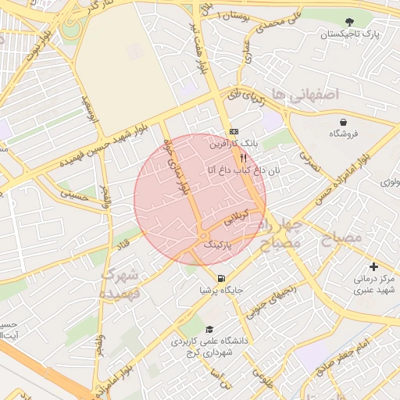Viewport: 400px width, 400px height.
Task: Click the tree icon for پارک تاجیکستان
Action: click(348, 22)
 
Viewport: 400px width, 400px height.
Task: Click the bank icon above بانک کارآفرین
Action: click(233, 132)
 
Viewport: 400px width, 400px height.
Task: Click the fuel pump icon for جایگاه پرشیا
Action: click(222, 279)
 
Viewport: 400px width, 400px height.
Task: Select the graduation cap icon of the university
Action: click(209, 330)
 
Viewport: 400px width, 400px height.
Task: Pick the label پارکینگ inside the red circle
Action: click(219, 245)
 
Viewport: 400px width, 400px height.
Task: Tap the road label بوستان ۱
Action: click(235, 16)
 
